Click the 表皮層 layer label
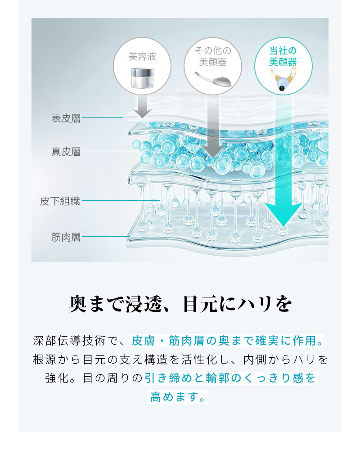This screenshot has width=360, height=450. (x=66, y=118)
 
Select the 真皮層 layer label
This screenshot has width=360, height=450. (x=66, y=152)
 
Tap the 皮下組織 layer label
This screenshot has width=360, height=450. (x=60, y=201)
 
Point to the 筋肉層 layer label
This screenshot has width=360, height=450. (x=66, y=237)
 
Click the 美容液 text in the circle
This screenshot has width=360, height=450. (x=142, y=57)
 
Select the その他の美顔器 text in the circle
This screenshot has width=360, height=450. (x=213, y=56)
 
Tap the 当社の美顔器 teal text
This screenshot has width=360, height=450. (x=283, y=56)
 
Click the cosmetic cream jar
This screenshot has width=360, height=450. (x=142, y=78)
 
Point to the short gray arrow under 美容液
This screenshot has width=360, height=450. (x=142, y=106)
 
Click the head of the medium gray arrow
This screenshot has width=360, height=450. (x=213, y=151)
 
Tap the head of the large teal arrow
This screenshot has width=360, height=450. (x=283, y=214)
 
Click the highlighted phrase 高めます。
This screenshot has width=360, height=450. (x=178, y=397)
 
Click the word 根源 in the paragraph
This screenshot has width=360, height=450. (x=45, y=359)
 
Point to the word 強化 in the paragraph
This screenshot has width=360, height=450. (x=57, y=378)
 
